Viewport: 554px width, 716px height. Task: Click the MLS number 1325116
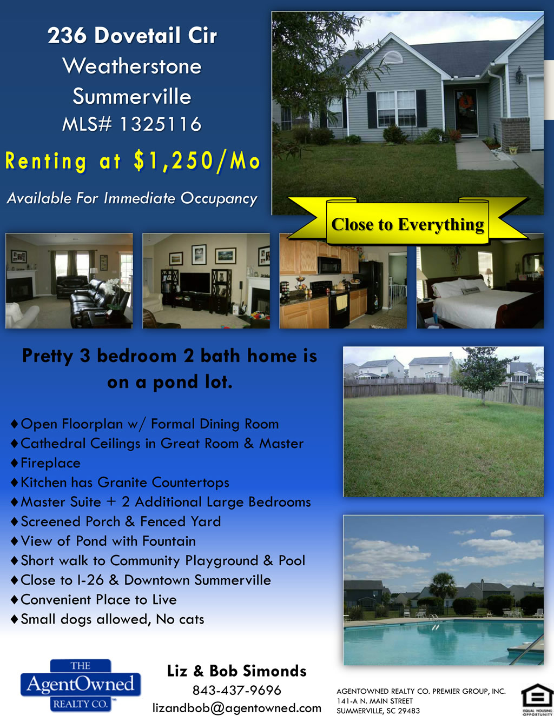click(161, 124)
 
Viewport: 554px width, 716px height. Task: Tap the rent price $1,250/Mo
click(197, 161)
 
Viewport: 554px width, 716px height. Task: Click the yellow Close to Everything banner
click(407, 222)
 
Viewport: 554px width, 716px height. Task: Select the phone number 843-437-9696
click(237, 690)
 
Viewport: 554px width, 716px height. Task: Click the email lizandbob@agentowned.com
click(237, 707)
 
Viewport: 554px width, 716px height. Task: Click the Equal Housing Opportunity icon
click(537, 699)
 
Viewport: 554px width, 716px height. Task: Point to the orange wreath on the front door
click(466, 101)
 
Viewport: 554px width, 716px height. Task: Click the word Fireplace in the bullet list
click(51, 463)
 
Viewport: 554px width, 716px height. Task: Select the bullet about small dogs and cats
click(108, 619)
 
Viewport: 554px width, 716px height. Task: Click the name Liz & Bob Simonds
click(237, 671)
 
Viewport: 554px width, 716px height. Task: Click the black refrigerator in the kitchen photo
click(372, 286)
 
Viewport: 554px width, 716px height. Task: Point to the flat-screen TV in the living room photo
click(195, 283)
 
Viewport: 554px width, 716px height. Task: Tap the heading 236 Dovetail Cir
click(132, 35)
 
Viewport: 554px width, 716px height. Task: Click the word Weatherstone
click(132, 66)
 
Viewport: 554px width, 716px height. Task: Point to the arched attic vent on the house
click(392, 58)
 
